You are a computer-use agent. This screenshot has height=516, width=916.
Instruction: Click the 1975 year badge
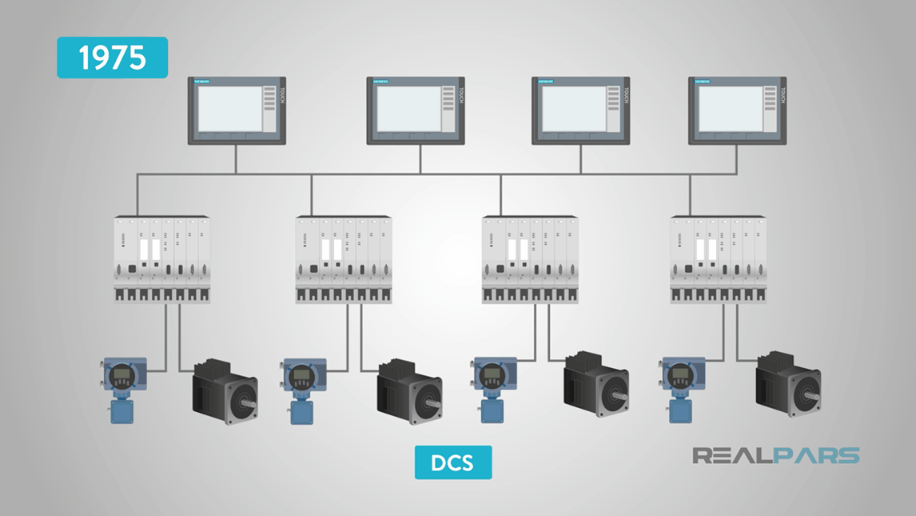click(112, 58)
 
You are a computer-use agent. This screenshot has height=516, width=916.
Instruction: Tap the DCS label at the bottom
click(453, 462)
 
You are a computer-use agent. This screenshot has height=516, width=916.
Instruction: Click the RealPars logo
click(775, 456)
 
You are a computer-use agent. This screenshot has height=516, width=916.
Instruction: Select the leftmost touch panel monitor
click(237, 110)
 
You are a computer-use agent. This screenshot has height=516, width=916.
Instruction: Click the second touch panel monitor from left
click(416, 110)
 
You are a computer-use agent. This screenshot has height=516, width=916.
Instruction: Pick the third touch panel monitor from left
click(580, 110)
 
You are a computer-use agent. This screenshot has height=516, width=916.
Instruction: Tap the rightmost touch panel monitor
click(737, 110)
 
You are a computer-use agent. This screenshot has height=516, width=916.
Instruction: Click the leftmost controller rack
click(161, 259)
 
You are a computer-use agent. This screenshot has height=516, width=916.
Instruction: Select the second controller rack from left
click(344, 259)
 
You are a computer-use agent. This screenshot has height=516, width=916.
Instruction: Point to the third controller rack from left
click(530, 259)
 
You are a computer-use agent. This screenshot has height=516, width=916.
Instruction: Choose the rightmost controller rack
click(719, 259)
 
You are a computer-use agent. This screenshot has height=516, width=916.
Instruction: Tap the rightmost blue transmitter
click(680, 388)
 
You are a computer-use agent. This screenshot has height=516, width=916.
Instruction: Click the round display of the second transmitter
click(301, 375)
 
